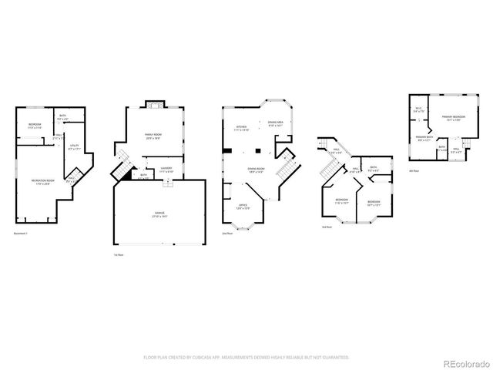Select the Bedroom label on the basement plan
35,126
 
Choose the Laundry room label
166,169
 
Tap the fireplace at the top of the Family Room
154,106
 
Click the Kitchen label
242,128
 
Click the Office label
243,206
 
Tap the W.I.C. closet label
418,110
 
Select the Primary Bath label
425,138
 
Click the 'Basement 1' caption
22,234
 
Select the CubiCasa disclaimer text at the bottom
246,358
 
